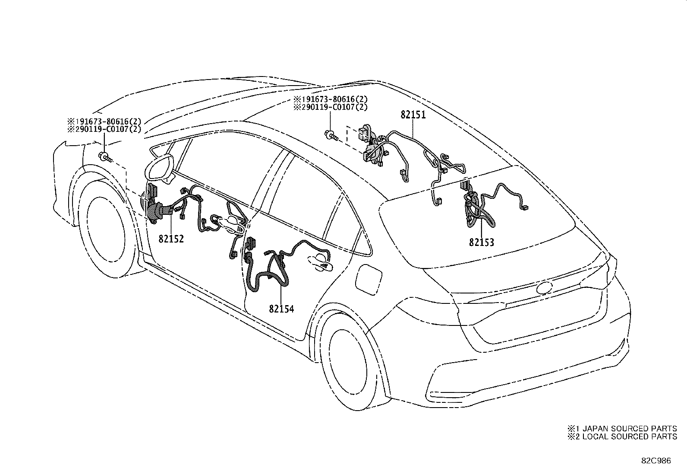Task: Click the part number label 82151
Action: coord(413,115)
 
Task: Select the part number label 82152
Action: coord(171,239)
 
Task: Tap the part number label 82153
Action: coord(482,242)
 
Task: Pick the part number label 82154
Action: coord(281,309)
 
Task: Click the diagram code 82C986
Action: coord(656,461)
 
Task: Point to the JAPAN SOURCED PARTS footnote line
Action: coord(622,428)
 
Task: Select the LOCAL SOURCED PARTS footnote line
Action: coord(622,437)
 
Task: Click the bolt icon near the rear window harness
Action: coord(331,135)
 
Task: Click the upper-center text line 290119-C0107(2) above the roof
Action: coord(330,107)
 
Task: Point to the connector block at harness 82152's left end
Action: coord(152,203)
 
